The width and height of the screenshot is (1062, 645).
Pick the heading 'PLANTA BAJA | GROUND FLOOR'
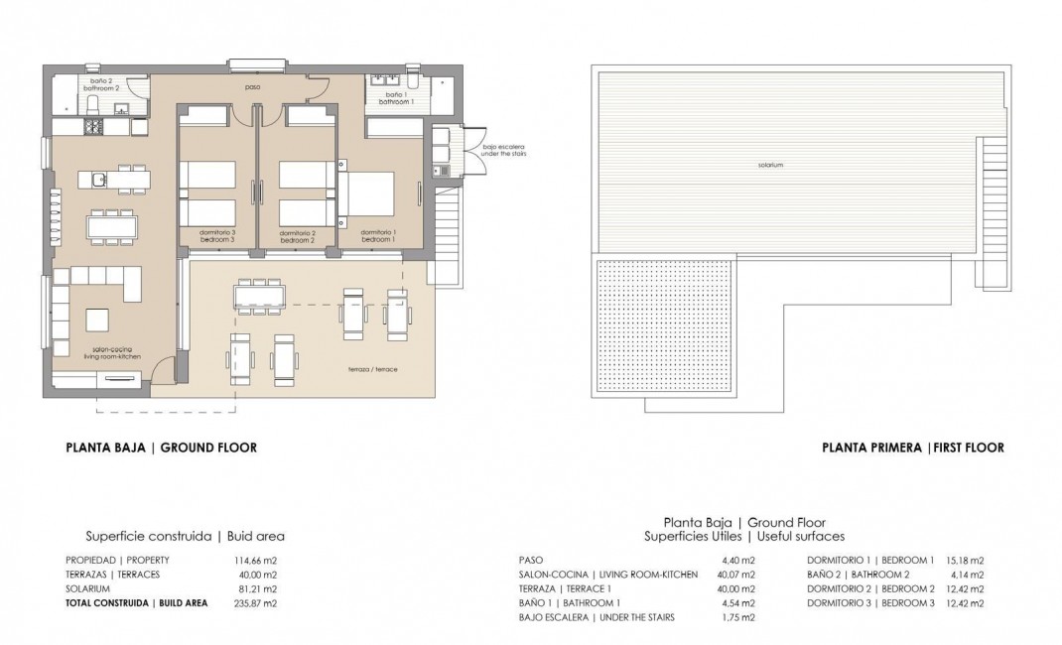(161, 448)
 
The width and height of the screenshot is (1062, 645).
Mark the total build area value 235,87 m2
(256, 602)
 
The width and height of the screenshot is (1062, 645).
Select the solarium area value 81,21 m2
(256, 588)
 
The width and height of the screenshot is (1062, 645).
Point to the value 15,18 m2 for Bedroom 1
(965, 560)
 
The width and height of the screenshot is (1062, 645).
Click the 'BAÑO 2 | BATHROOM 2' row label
(859, 575)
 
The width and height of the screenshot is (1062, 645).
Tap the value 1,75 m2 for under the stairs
(738, 617)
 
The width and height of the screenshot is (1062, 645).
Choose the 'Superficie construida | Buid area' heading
(186, 536)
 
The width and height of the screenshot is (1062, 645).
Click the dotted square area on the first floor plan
(665, 325)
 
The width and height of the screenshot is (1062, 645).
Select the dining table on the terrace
(258, 296)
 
